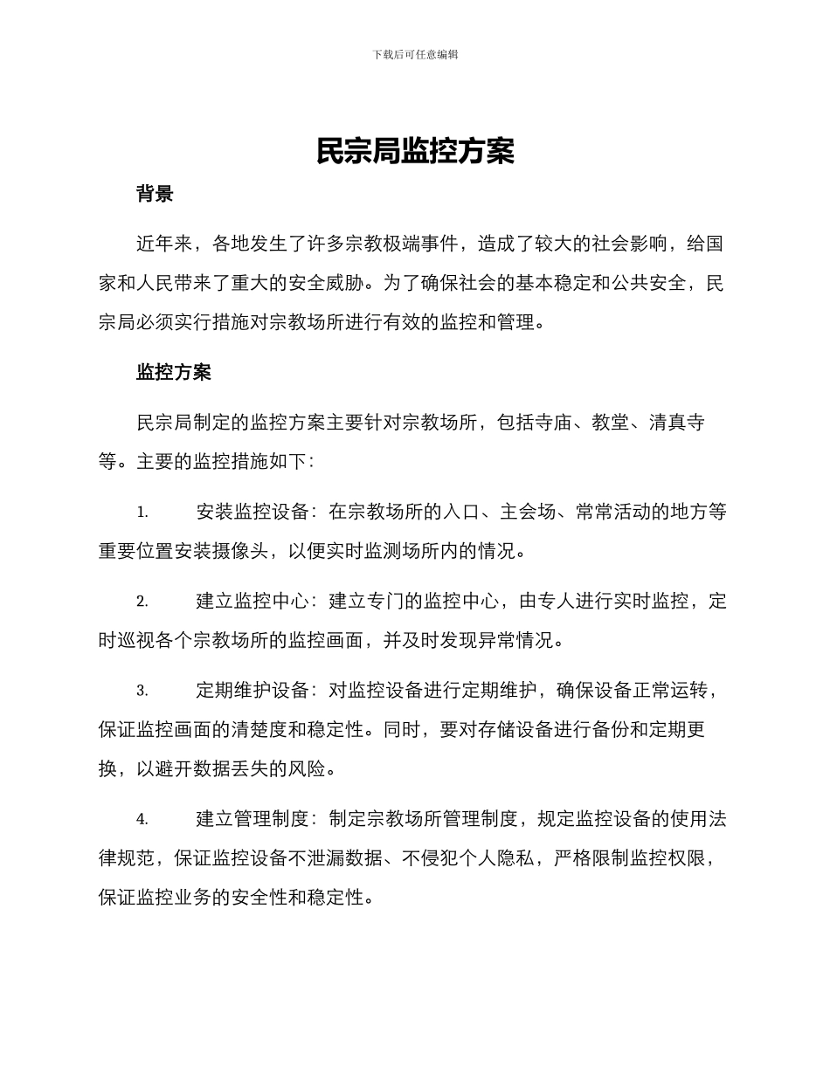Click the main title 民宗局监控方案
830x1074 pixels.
pos(415,152)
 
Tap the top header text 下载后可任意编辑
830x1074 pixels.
pos(415,54)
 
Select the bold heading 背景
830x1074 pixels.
pos(155,194)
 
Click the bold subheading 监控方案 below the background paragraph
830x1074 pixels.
pos(174,373)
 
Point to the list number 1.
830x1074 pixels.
pos(142,512)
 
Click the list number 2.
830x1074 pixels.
pos(142,602)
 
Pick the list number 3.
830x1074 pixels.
pos(142,691)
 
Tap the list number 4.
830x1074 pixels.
pos(142,819)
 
